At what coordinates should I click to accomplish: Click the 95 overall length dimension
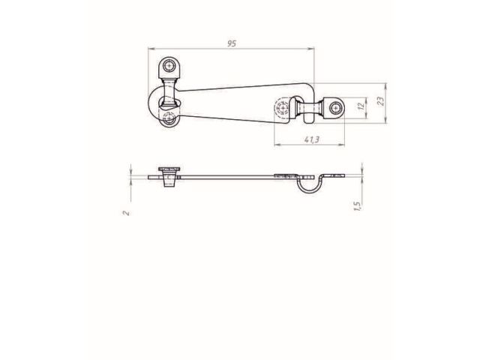pos(232,44)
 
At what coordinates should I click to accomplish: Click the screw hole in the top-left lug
pos(171,65)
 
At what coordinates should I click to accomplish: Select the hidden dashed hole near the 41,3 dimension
pos(282,110)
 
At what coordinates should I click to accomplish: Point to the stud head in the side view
pos(169,170)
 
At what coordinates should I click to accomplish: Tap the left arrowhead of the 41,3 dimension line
pos(275,142)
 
